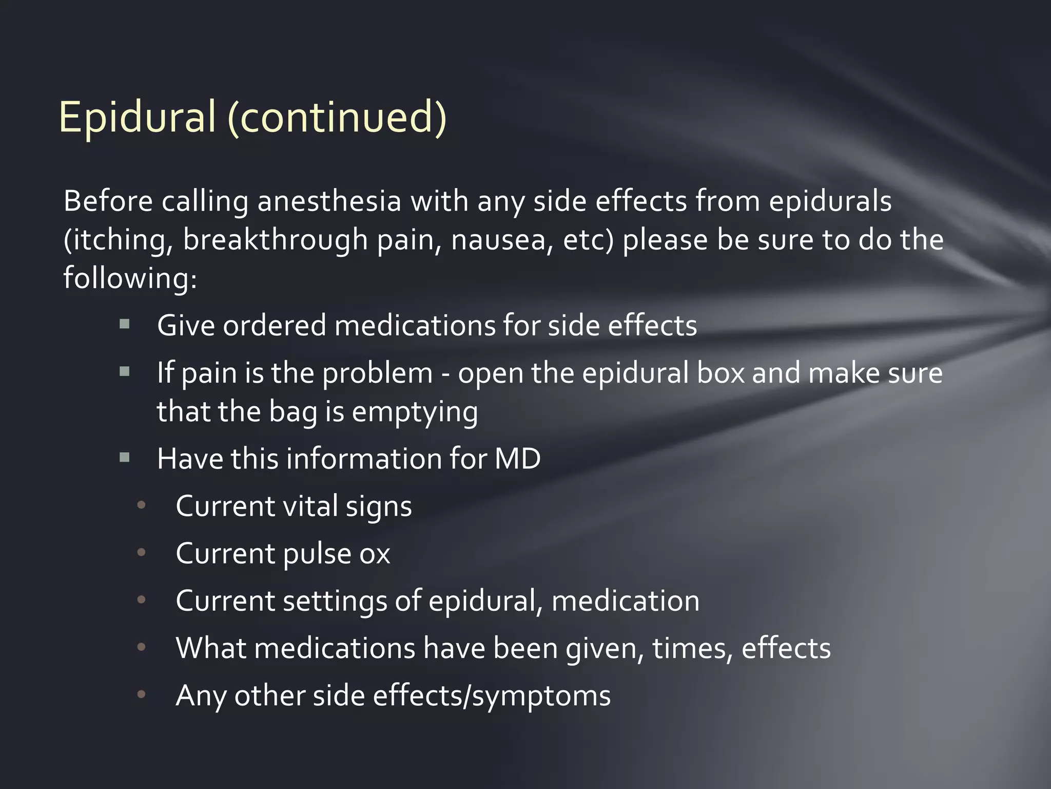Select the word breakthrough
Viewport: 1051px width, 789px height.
[x=275, y=240]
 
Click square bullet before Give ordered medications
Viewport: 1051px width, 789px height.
[x=124, y=324]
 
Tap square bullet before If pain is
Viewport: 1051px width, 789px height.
[x=124, y=371]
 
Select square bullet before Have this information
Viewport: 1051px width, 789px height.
[x=124, y=457]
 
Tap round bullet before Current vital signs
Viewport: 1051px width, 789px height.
[x=142, y=505]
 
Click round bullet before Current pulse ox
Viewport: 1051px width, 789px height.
[x=142, y=553]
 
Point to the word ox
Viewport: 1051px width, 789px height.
[x=375, y=554]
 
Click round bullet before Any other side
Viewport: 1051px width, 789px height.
[x=142, y=694]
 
